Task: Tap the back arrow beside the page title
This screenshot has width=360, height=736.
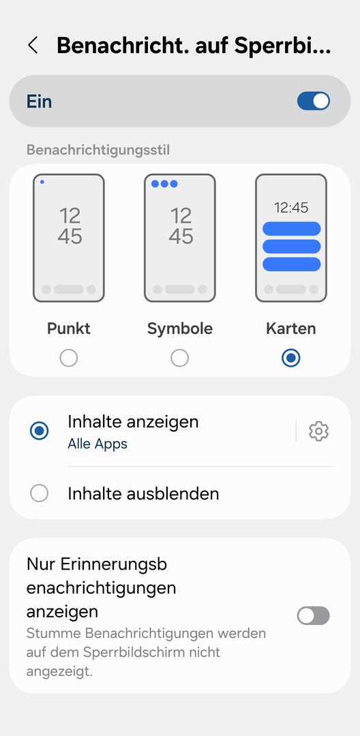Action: (32, 46)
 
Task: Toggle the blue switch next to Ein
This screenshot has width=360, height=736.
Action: (314, 101)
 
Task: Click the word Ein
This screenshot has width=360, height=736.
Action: (39, 102)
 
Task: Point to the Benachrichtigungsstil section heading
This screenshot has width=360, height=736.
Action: (98, 150)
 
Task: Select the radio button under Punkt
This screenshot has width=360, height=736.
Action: (69, 358)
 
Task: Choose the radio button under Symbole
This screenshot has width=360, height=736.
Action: (180, 358)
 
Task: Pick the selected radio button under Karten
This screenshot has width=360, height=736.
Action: (291, 358)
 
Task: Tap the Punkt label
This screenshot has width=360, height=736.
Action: (69, 328)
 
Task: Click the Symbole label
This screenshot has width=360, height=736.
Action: (180, 328)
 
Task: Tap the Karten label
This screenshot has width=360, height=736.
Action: (291, 328)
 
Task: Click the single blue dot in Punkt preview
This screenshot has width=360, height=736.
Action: (42, 182)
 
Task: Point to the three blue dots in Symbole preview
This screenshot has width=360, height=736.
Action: (164, 183)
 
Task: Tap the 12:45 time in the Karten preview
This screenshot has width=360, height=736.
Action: (291, 207)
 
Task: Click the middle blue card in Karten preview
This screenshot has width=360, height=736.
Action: (291, 247)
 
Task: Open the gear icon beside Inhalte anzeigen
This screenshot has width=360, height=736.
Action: (318, 431)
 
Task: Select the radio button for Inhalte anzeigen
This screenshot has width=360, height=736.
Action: (39, 431)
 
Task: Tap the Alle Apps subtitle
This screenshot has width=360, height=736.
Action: (97, 444)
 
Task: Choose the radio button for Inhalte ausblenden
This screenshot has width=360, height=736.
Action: (39, 493)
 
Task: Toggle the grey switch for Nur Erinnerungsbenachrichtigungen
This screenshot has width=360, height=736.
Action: (314, 616)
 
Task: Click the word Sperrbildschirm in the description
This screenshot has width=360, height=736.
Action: (151, 652)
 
